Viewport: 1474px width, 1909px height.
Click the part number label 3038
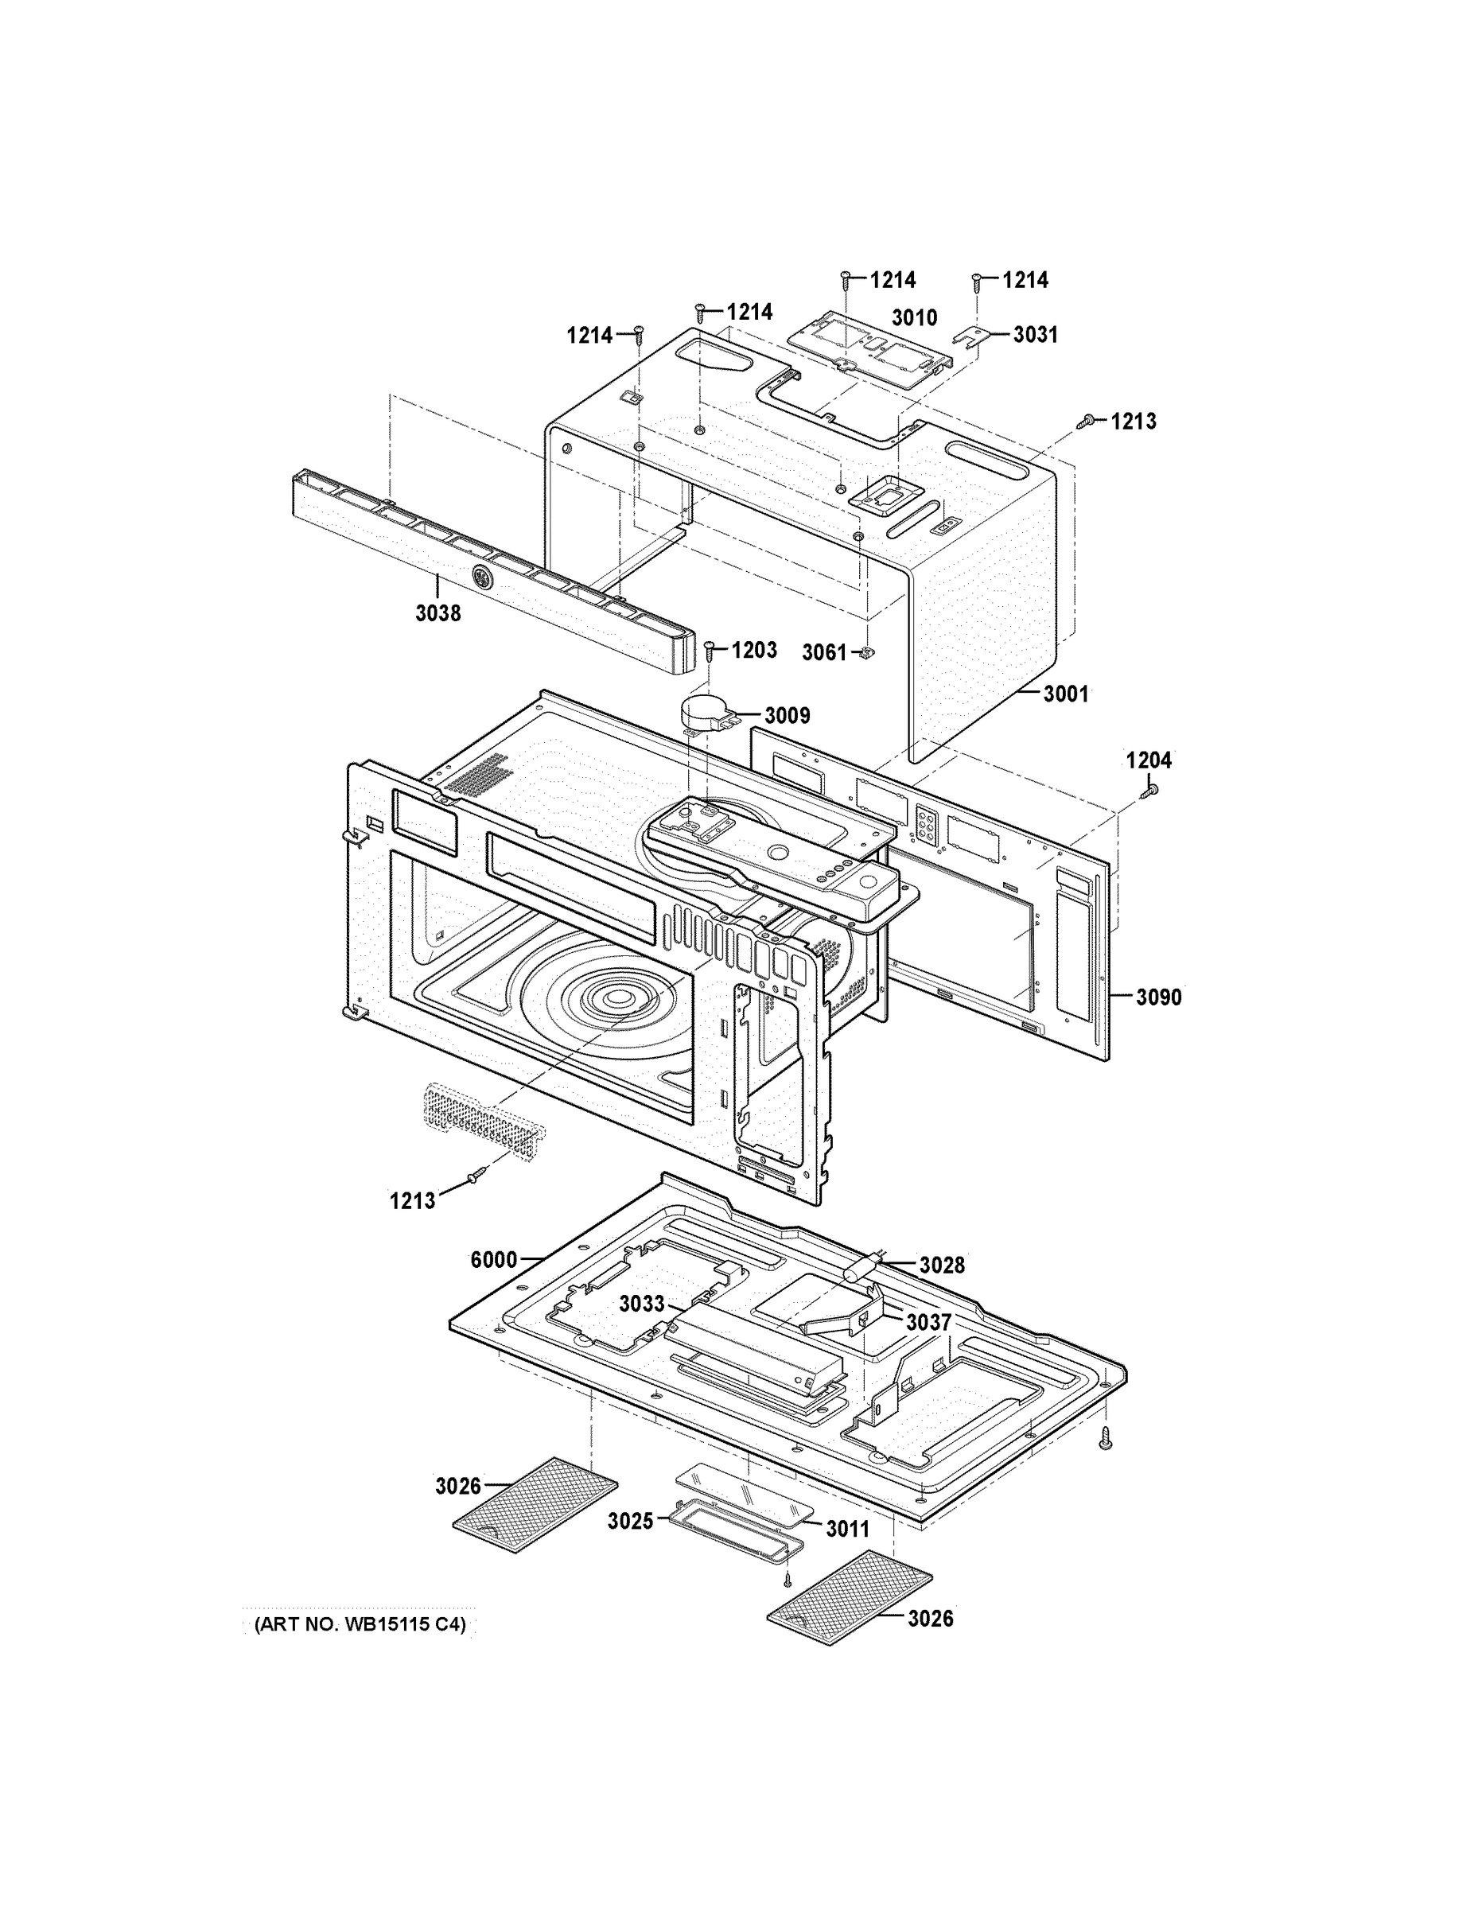click(438, 613)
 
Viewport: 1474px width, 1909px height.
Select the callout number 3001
click(1066, 694)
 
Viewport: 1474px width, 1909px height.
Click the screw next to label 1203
click(710, 651)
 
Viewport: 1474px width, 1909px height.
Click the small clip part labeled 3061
click(868, 652)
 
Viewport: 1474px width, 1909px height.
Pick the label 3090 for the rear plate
click(1158, 997)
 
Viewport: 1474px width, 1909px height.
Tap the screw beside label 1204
click(1149, 790)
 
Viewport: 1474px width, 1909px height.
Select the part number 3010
click(914, 317)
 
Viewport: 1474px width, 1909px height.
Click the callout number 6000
click(493, 1260)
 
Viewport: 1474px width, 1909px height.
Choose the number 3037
click(928, 1323)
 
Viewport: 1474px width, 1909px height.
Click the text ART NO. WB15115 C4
click(360, 1625)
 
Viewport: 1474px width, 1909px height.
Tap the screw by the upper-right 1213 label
click(1087, 422)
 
